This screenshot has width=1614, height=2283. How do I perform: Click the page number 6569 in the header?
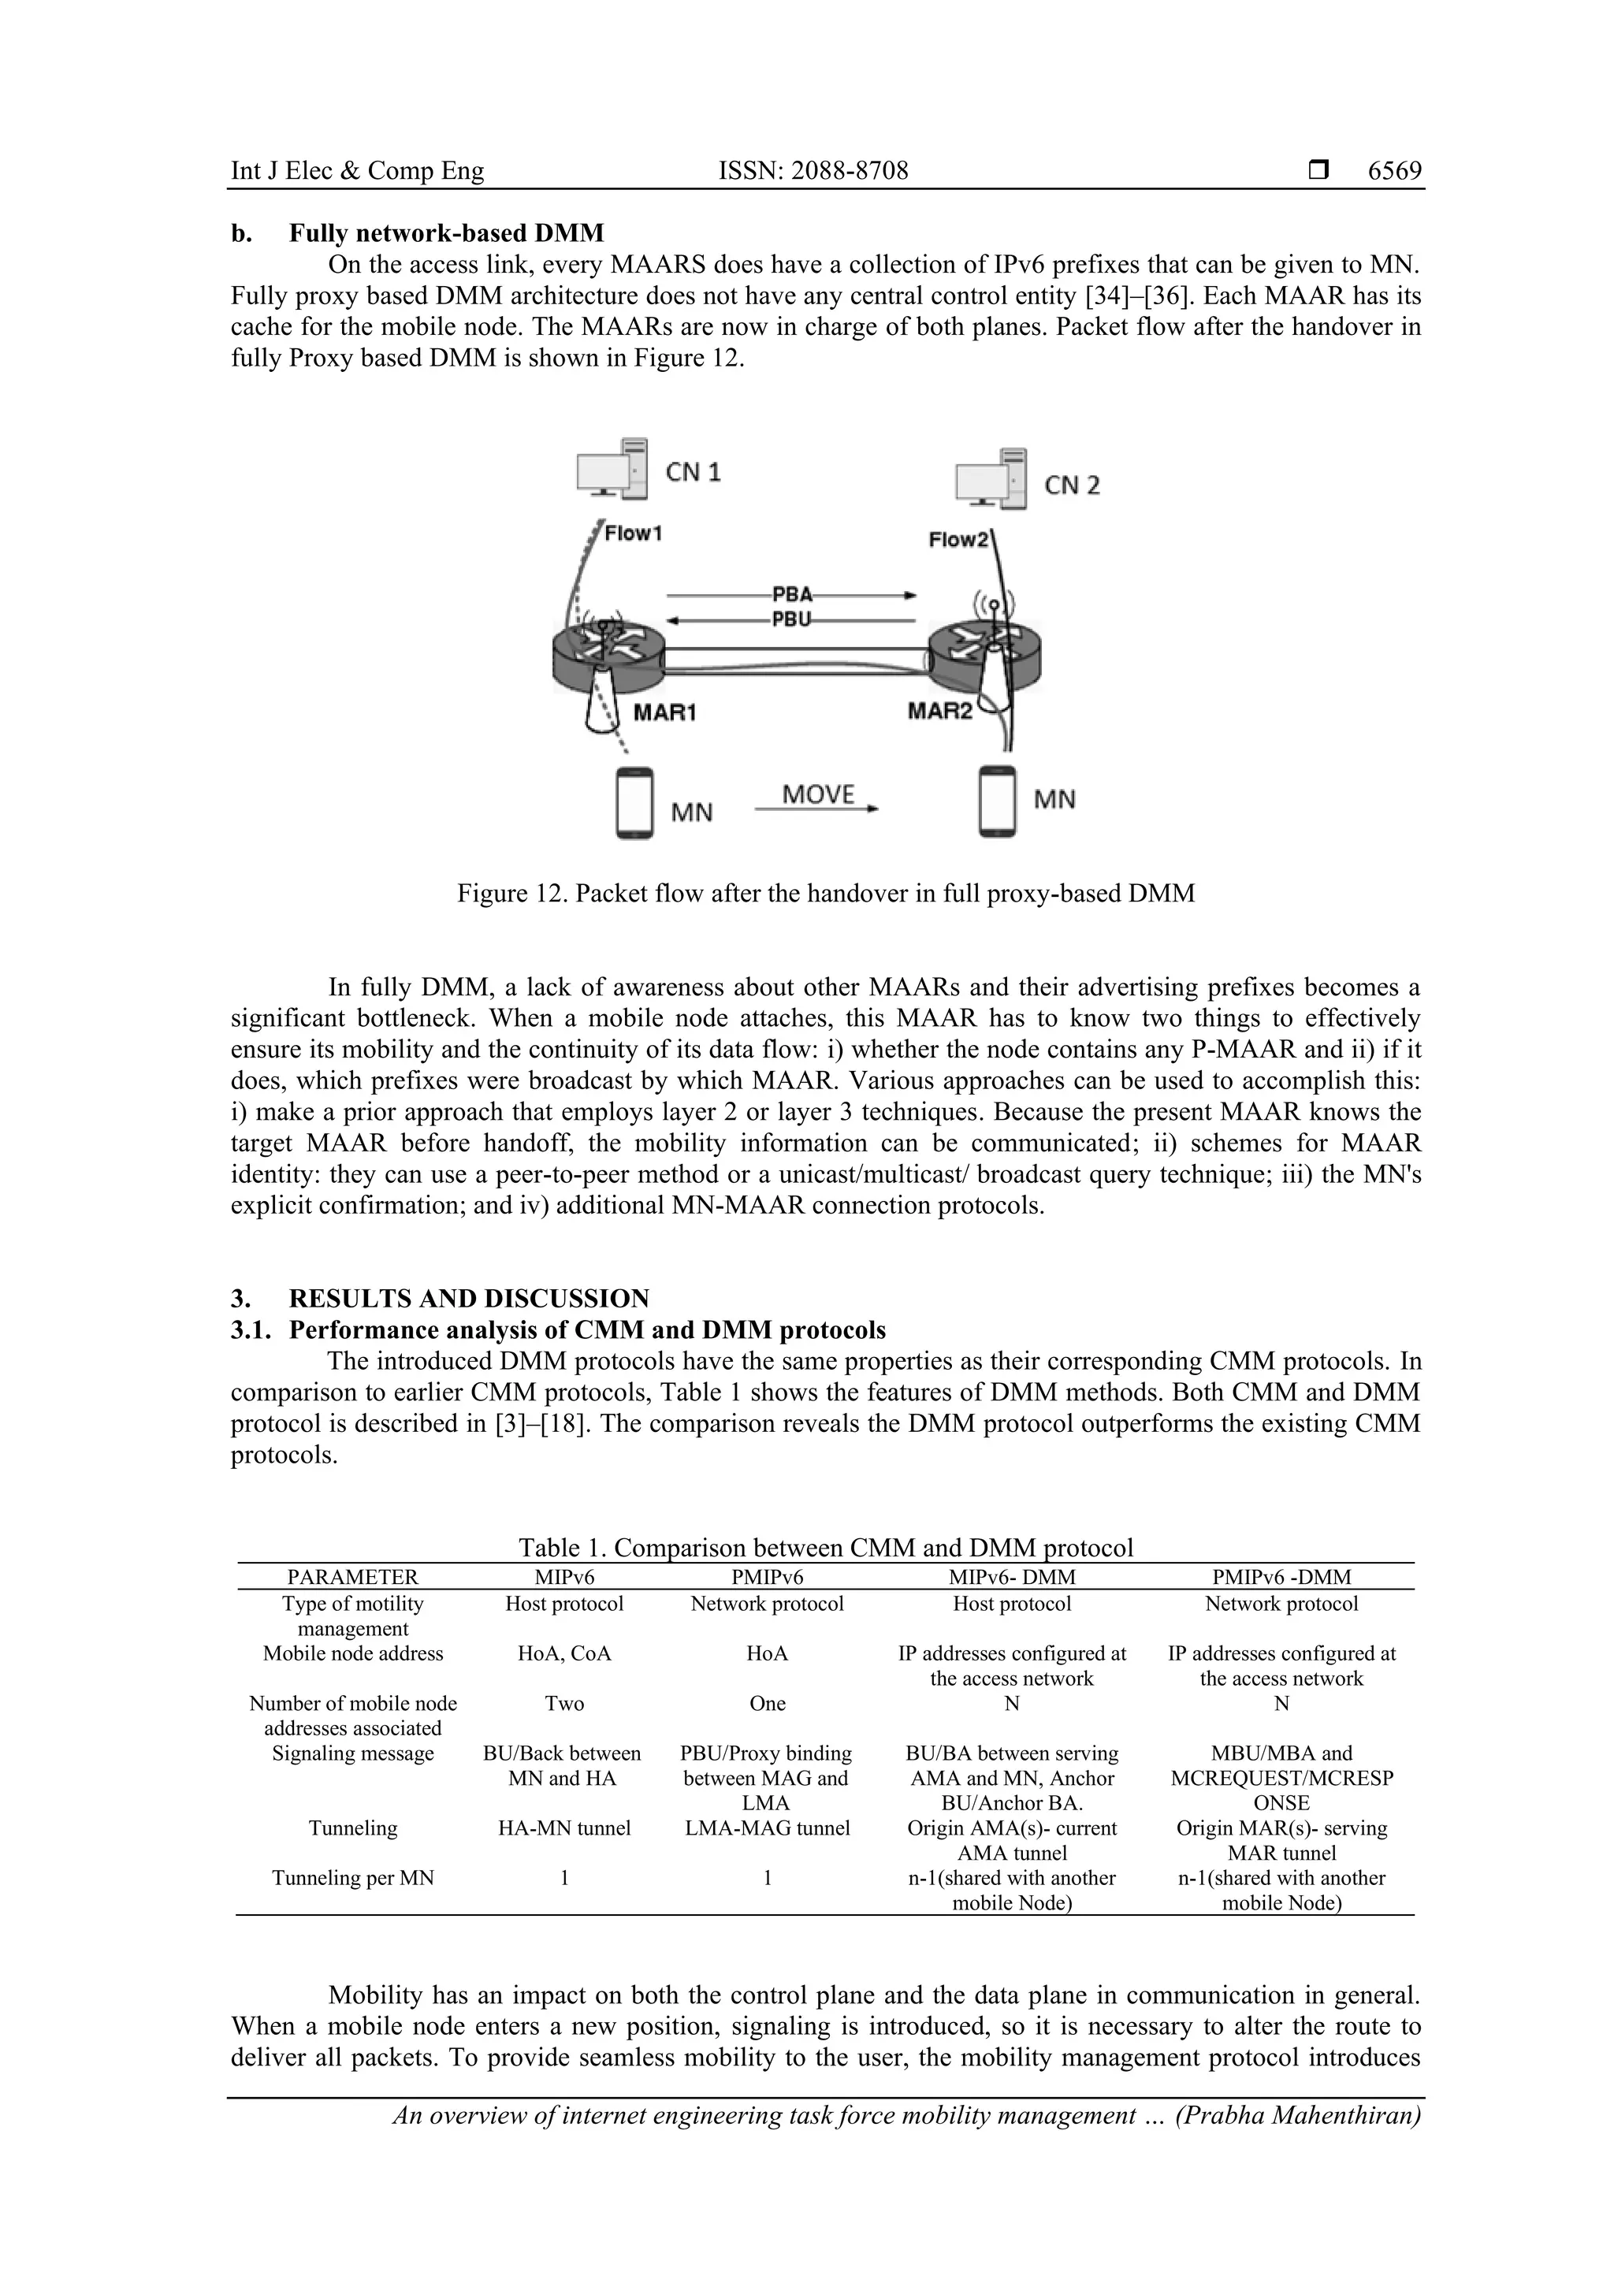[1394, 171]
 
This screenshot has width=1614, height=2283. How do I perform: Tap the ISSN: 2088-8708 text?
[813, 171]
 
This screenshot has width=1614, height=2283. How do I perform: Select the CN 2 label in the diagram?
[1071, 485]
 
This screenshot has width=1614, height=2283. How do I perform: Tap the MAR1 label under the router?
[664, 713]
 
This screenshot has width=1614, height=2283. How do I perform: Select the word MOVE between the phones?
[817, 794]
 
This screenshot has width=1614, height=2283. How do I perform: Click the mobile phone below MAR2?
[998, 801]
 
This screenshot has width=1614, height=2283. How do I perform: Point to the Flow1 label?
[634, 534]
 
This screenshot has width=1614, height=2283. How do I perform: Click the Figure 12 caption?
[825, 893]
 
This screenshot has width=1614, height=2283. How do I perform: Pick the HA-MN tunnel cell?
[563, 1828]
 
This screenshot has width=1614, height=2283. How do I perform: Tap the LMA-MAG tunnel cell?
[767, 1828]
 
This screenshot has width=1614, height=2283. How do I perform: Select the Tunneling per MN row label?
[353, 1877]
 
